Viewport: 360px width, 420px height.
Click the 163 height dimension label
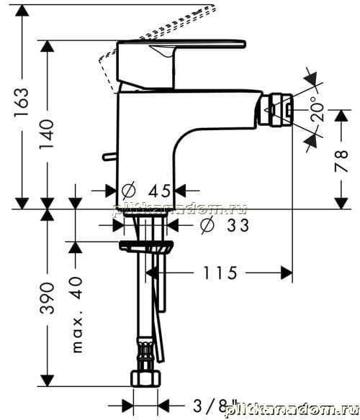(22, 102)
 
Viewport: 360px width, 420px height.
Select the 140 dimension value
(47, 134)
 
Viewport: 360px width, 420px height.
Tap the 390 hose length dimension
(48, 298)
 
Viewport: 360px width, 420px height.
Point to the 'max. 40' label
(78, 315)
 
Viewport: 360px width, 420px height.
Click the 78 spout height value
(341, 161)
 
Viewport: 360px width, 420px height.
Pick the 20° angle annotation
(317, 109)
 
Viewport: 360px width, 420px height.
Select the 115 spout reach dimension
(220, 273)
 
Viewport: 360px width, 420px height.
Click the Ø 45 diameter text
(146, 191)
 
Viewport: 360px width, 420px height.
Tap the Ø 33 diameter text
(225, 224)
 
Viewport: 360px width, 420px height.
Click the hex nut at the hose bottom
(146, 378)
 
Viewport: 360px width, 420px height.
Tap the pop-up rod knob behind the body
(109, 157)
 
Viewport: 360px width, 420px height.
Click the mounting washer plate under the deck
(146, 247)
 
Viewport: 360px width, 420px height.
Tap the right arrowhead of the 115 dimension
(287, 273)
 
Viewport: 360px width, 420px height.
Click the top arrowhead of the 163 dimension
(22, 11)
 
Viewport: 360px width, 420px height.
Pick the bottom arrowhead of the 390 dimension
(48, 380)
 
